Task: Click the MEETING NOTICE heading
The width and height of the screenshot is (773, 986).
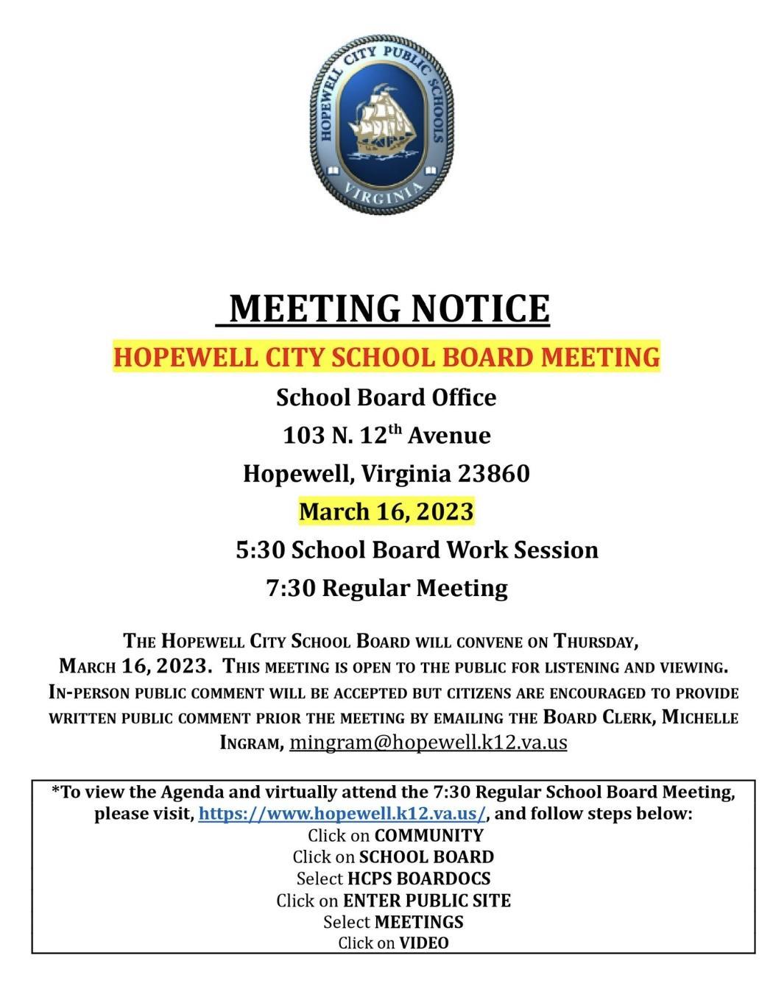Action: coord(389,308)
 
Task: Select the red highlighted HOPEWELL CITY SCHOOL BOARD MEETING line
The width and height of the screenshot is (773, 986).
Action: coord(386,356)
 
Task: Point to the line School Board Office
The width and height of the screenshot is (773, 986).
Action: coord(386,397)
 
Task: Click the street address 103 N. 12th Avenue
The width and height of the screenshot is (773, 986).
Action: coord(386,436)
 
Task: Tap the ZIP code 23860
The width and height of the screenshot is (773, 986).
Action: coord(494,473)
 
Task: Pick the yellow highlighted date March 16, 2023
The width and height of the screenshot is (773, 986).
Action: coord(386,511)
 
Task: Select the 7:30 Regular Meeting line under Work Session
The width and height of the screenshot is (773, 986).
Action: coord(387,588)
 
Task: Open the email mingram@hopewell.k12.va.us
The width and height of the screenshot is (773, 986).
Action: coord(428,742)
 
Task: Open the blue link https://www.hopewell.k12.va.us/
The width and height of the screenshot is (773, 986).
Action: coord(342,814)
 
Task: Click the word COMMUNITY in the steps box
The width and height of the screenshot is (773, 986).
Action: coord(428,836)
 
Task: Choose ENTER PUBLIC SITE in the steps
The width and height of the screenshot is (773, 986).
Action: coord(427,901)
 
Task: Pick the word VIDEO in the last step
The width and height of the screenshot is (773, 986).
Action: coord(423,943)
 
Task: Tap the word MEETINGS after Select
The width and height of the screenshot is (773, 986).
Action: coord(419,922)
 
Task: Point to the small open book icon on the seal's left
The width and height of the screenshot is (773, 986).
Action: coord(333,171)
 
